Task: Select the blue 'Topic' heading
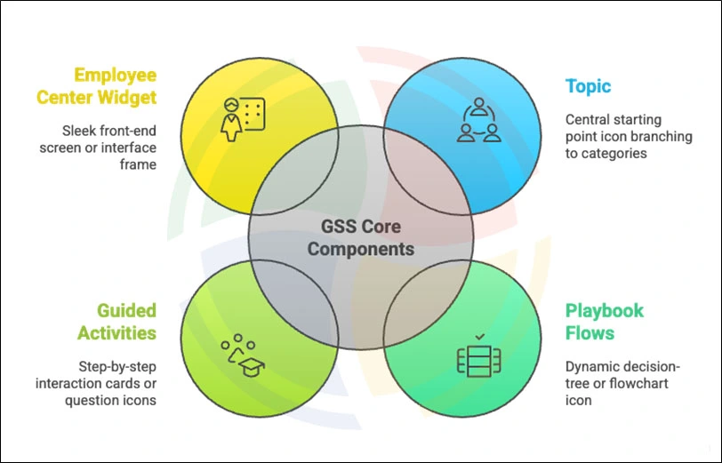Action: [x=588, y=86]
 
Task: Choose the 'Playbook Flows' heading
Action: [x=605, y=322]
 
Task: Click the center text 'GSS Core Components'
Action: [x=361, y=237]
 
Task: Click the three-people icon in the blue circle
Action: [x=478, y=121]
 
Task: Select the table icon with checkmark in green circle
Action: [x=479, y=356]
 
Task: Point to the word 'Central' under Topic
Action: [x=590, y=119]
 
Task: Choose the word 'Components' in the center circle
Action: [x=361, y=249]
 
